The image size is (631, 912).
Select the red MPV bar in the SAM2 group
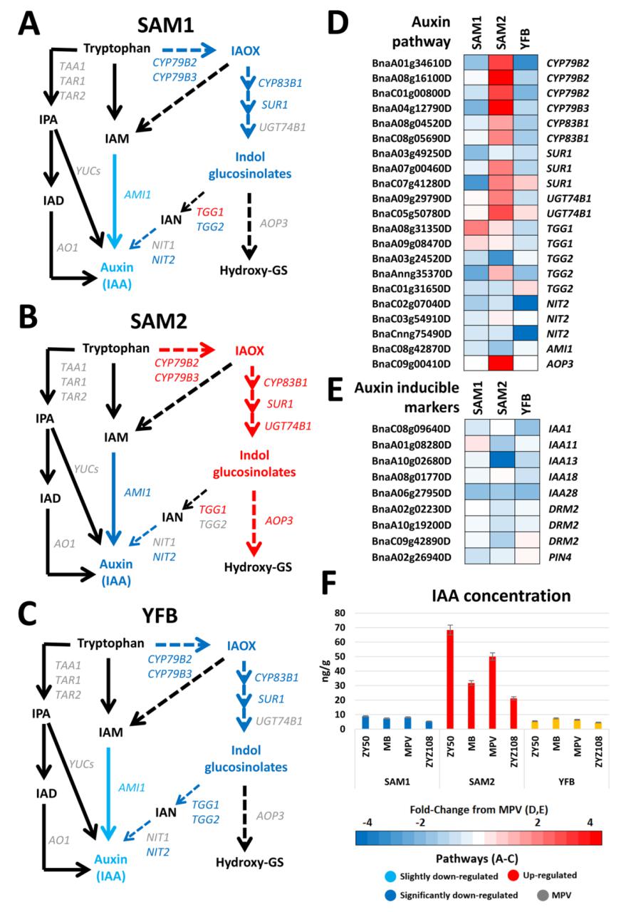click(x=492, y=692)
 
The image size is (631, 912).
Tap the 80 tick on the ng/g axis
click(x=340, y=613)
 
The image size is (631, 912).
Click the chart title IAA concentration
click(x=501, y=596)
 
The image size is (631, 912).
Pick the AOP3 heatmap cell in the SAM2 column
click(x=501, y=363)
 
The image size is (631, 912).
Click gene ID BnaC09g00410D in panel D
click(x=411, y=363)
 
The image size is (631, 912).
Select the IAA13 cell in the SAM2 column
click(x=502, y=460)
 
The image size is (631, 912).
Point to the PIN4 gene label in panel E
click(x=560, y=557)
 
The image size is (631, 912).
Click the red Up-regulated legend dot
click(x=513, y=875)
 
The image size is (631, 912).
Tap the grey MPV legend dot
click(x=543, y=896)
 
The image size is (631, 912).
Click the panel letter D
click(x=338, y=24)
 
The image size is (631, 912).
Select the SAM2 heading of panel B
click(x=159, y=321)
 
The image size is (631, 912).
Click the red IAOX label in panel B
click(x=249, y=351)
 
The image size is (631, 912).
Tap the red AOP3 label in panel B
click(x=279, y=520)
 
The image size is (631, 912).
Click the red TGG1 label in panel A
click(x=210, y=212)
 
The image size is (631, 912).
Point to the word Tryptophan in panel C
click(x=110, y=643)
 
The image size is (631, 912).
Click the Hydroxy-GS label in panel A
click(x=254, y=270)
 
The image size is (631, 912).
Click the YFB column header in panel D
click(x=525, y=38)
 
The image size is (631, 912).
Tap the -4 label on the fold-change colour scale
click(x=367, y=822)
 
